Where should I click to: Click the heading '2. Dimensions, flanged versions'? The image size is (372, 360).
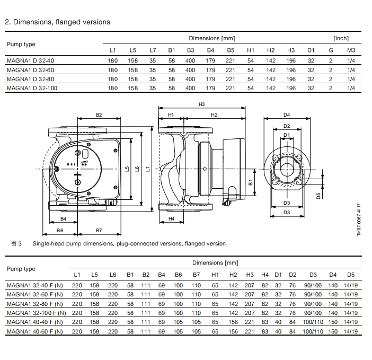(57, 22)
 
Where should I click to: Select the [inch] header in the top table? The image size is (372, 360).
(341, 38)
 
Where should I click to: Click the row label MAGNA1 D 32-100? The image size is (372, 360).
(32, 88)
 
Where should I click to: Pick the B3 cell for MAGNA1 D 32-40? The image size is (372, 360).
(190, 60)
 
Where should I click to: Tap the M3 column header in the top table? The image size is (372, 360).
(351, 50)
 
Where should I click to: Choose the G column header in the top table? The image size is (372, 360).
(331, 50)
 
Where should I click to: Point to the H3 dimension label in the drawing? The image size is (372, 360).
(201, 104)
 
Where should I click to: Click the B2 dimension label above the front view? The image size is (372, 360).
(99, 115)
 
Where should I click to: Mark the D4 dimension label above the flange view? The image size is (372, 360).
(287, 115)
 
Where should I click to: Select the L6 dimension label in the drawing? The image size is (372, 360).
(137, 169)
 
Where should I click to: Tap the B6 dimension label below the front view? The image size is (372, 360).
(60, 231)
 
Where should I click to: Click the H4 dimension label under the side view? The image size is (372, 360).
(171, 219)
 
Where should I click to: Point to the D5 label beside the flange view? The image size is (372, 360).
(318, 196)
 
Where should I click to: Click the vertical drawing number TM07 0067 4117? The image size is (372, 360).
(359, 219)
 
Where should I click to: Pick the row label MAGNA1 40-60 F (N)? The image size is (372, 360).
(35, 331)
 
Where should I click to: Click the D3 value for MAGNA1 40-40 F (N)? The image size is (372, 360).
(313, 322)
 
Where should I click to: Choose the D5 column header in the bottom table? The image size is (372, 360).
(351, 275)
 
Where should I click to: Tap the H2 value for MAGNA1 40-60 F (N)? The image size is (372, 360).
(233, 331)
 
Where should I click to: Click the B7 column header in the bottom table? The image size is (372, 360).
(196, 275)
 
